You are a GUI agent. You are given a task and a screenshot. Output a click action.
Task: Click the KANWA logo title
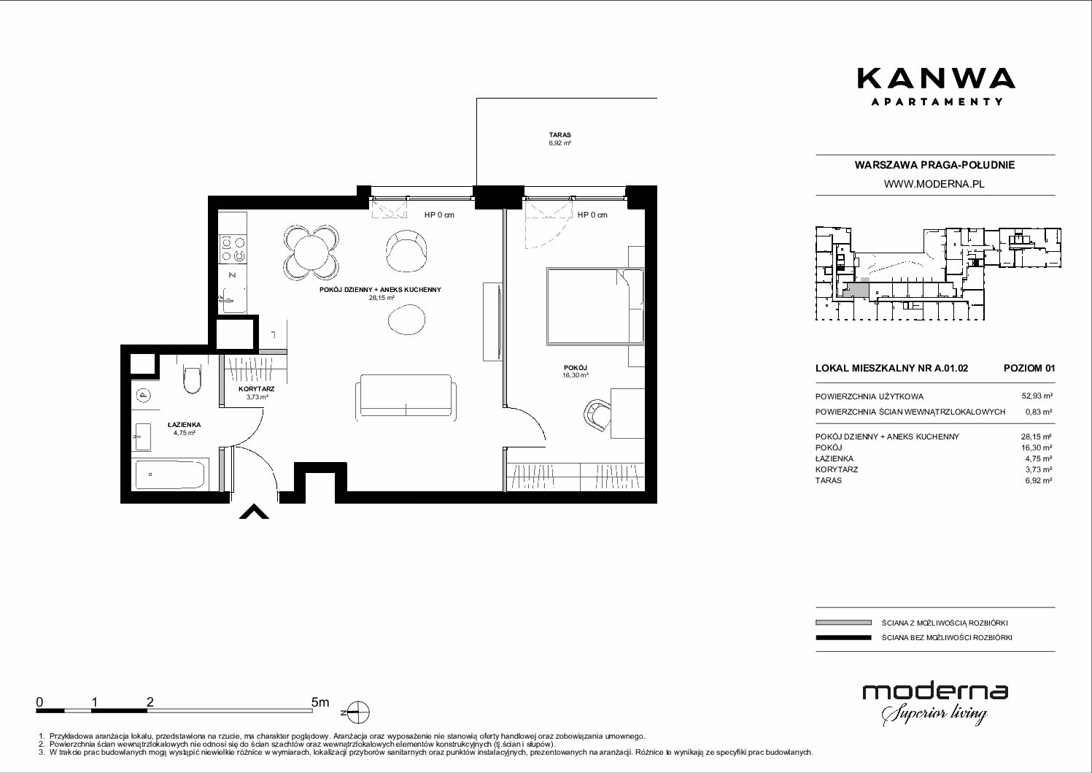click(x=936, y=78)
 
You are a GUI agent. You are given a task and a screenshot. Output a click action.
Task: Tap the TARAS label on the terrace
click(x=559, y=134)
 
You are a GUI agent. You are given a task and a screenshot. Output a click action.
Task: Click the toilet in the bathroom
click(x=192, y=379)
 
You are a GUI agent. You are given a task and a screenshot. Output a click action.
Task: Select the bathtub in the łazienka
click(x=170, y=474)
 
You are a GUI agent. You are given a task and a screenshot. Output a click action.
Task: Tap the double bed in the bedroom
click(x=595, y=307)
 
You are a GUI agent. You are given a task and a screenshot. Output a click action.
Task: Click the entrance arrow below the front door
click(x=254, y=512)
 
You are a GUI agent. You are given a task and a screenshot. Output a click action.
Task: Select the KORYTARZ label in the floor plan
click(x=257, y=389)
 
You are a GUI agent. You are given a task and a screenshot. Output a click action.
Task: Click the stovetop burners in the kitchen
click(x=233, y=249)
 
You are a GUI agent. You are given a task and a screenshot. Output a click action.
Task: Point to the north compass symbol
click(x=358, y=712)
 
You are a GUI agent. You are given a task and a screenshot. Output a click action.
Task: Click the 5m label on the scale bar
click(x=320, y=702)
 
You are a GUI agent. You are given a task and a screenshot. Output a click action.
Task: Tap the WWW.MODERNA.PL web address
click(x=934, y=184)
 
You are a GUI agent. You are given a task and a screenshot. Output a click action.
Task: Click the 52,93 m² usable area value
click(x=1037, y=396)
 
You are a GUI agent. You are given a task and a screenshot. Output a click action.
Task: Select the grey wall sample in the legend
click(x=843, y=623)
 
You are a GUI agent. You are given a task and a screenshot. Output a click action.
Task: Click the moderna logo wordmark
click(x=935, y=691)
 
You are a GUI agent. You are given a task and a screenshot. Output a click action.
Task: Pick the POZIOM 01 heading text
click(x=1029, y=368)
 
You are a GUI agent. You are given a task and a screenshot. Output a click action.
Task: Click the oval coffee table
click(x=406, y=320)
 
